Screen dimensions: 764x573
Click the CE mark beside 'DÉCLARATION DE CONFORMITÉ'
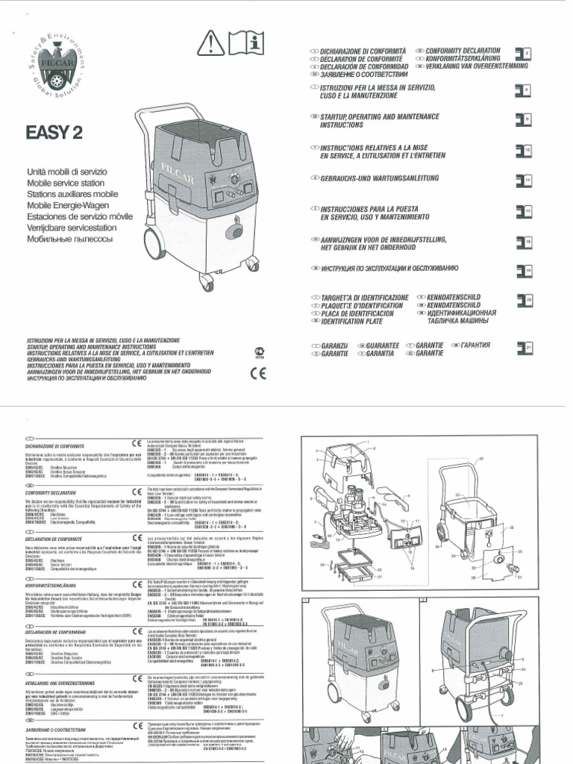click(137, 536)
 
